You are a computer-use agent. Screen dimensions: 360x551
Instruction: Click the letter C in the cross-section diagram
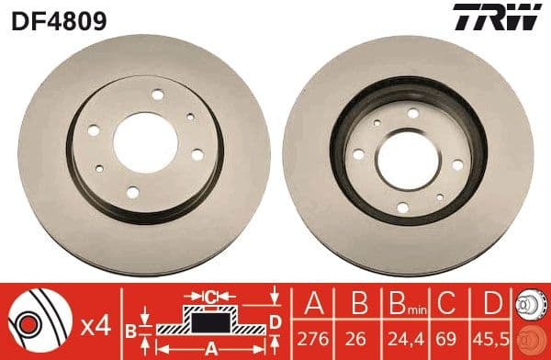click(210, 297)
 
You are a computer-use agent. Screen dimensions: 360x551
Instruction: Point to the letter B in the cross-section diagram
click(130, 328)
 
